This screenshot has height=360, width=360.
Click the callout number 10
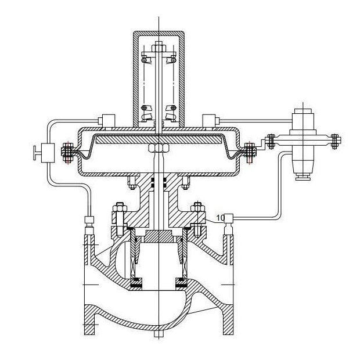click(x=221, y=218)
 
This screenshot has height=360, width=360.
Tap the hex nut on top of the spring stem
click(x=159, y=48)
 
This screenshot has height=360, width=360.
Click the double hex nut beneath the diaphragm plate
click(x=159, y=148)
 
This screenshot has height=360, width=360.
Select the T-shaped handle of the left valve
click(x=36, y=153)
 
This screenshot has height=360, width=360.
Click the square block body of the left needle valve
click(x=48, y=153)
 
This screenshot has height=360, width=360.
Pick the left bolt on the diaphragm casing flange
click(x=68, y=153)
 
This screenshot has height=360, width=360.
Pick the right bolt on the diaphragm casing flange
click(x=250, y=153)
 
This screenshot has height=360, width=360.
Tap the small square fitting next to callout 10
click(x=228, y=217)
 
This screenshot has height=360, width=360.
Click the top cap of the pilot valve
click(x=303, y=110)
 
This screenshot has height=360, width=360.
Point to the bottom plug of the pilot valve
click(x=303, y=178)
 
